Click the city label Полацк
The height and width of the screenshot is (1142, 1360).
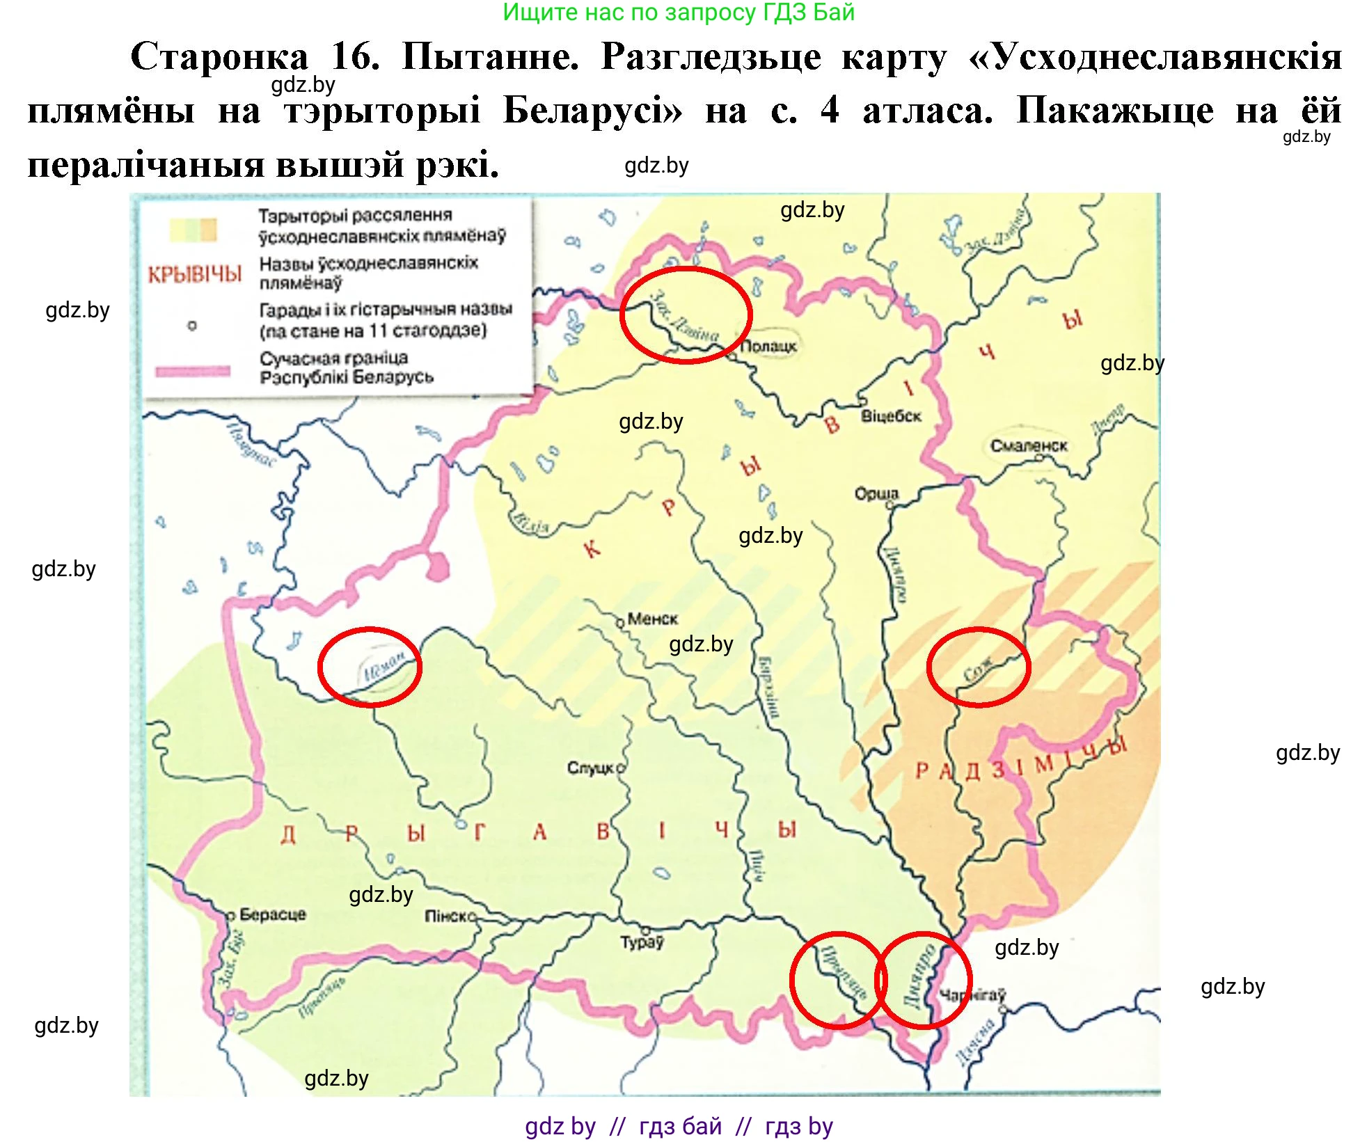[x=768, y=346]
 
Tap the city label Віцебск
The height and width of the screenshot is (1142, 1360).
[x=891, y=416]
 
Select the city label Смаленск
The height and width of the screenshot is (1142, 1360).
[x=1028, y=445]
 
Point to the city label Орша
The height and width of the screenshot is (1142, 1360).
[x=876, y=493]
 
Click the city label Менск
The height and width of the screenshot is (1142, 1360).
[x=652, y=618]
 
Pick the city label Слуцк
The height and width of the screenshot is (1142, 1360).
[x=591, y=768]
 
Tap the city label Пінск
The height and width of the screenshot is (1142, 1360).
[x=448, y=917]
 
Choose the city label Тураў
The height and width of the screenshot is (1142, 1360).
[x=642, y=942]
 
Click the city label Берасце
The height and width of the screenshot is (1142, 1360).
[x=272, y=914]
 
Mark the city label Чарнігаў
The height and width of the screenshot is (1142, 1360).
[x=972, y=995]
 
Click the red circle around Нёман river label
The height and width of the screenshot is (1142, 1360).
[x=370, y=667]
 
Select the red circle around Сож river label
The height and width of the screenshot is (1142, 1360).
[x=978, y=667]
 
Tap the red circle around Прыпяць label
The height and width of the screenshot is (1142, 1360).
[x=839, y=980]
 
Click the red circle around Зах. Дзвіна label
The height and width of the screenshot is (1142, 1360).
[x=686, y=315]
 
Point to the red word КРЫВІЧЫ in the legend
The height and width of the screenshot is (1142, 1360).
[x=195, y=274]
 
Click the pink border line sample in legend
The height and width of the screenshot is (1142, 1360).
[x=193, y=370]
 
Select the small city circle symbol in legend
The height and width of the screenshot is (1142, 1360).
[x=192, y=325]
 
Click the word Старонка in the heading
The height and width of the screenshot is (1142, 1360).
[x=219, y=56]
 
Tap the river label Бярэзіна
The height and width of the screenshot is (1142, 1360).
[x=768, y=685]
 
